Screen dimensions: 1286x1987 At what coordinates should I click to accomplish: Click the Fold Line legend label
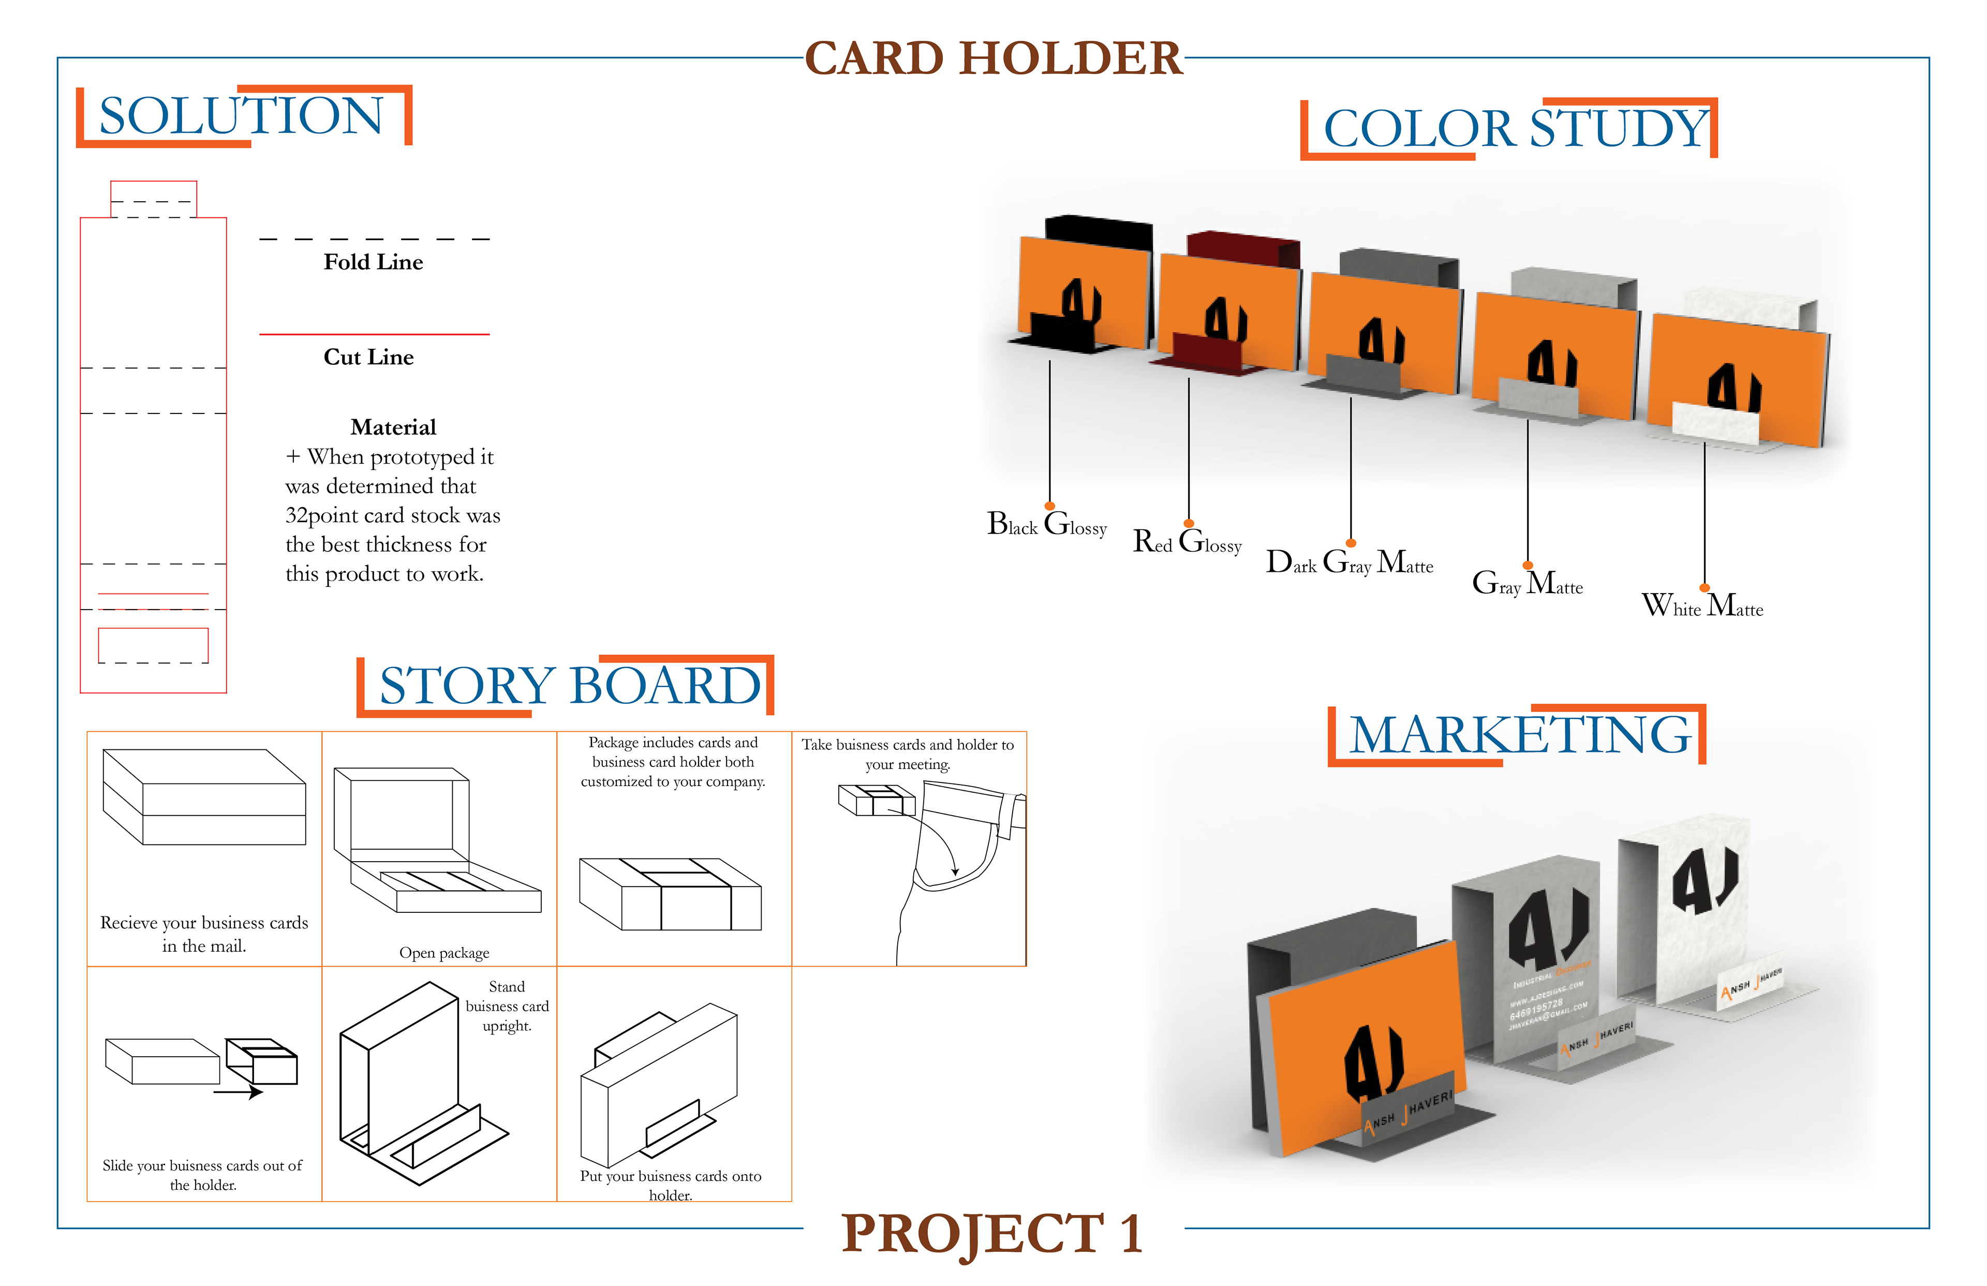[x=373, y=262]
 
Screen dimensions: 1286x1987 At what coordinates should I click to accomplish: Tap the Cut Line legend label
[x=368, y=358]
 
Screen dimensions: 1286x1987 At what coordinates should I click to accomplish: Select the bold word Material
[x=393, y=427]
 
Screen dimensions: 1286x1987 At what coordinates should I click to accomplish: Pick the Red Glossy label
[x=1187, y=543]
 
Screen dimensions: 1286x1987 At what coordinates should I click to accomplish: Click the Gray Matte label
[x=1527, y=584]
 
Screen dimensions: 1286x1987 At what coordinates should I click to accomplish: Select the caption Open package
[x=444, y=953]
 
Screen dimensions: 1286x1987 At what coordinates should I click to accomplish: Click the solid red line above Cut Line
[x=374, y=334]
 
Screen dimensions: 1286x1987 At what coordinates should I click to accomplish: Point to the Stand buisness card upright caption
[x=507, y=1006]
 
